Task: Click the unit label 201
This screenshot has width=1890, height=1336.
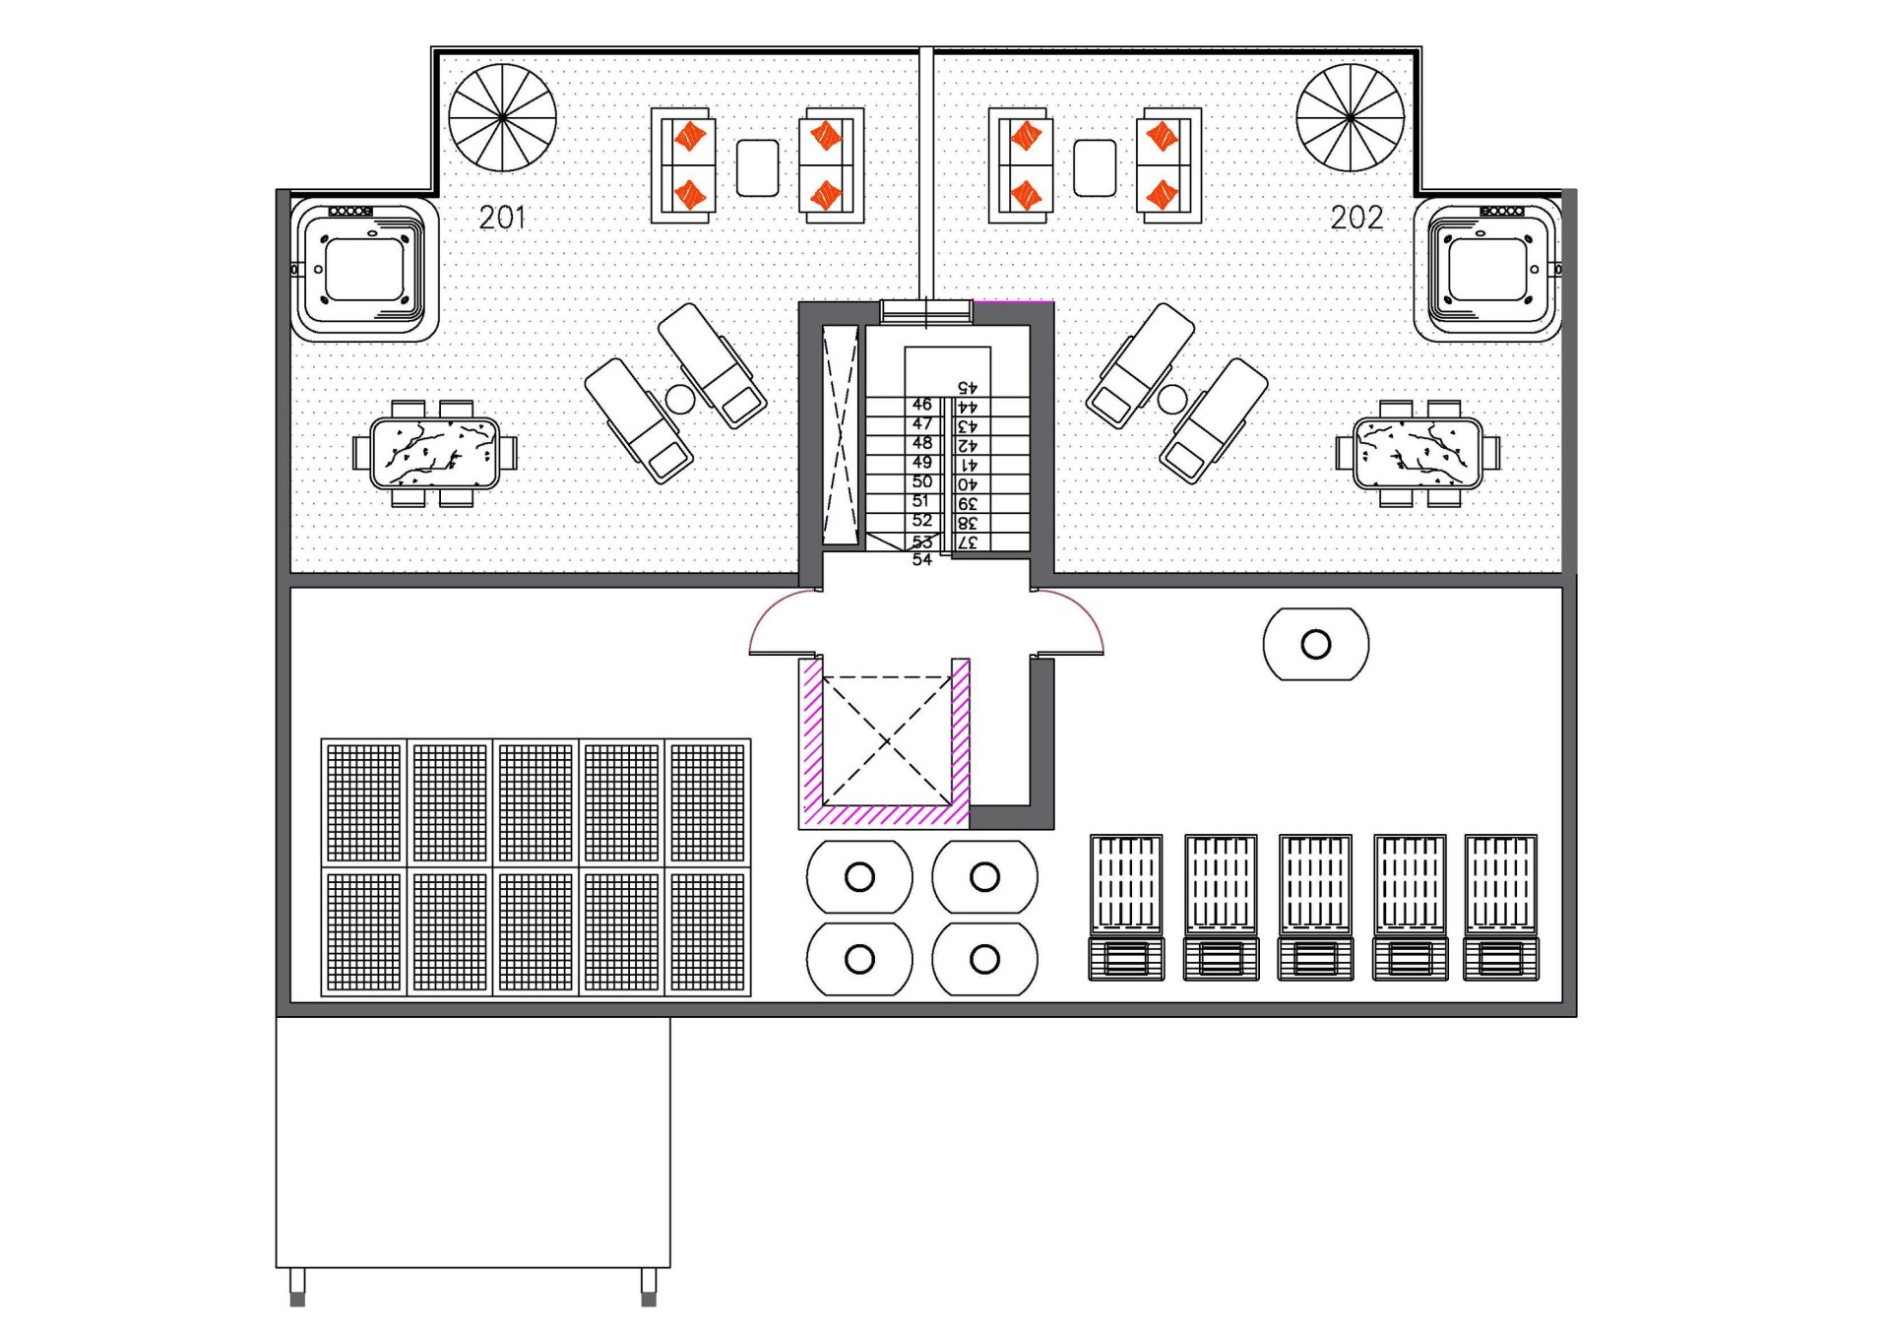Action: pyautogui.click(x=502, y=218)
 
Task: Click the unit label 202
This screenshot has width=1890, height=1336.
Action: pyautogui.click(x=1356, y=218)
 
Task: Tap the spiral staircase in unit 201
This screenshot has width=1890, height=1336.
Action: pyautogui.click(x=502, y=118)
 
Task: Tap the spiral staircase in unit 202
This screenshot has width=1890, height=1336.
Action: pyautogui.click(x=1350, y=118)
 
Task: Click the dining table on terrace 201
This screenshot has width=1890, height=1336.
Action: pyautogui.click(x=434, y=453)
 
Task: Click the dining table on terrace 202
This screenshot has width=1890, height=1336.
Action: pyautogui.click(x=1417, y=453)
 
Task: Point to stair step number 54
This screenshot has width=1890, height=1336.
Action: pyautogui.click(x=921, y=560)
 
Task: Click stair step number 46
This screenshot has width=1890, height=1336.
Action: pyautogui.click(x=921, y=405)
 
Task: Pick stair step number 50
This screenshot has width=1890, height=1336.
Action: pyautogui.click(x=921, y=482)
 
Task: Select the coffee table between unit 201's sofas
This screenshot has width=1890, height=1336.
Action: pyautogui.click(x=757, y=167)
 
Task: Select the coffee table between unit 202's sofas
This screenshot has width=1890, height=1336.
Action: pyautogui.click(x=1095, y=167)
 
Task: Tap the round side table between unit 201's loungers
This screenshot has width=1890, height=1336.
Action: pyautogui.click(x=679, y=399)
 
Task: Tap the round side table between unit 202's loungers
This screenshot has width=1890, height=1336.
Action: pyautogui.click(x=1171, y=399)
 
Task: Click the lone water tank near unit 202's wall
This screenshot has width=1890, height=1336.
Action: pyautogui.click(x=1316, y=645)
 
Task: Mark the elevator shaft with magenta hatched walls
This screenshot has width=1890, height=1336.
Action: pyautogui.click(x=885, y=741)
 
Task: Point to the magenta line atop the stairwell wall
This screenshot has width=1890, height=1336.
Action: pyautogui.click(x=1013, y=301)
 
